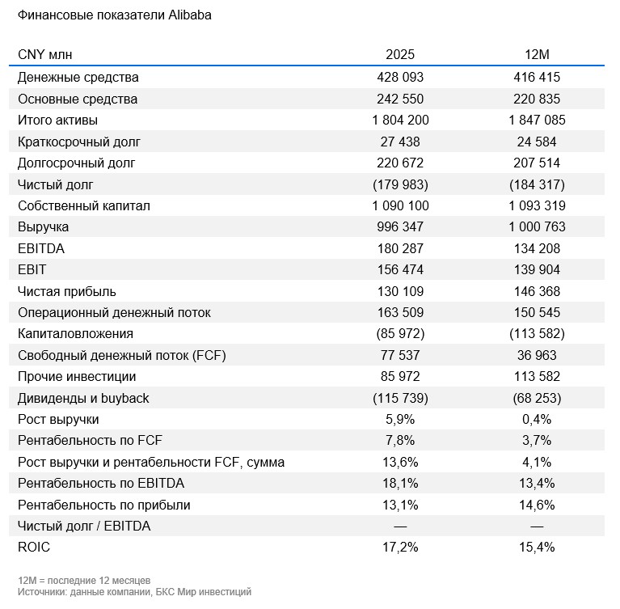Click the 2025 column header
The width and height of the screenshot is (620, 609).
tap(400, 54)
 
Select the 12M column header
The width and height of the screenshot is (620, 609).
tap(538, 54)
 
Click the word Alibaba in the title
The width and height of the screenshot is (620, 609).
tap(190, 15)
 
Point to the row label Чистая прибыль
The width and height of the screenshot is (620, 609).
tap(67, 291)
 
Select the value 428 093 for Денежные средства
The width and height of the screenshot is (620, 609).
tap(400, 78)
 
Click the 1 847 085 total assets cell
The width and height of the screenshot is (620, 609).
tap(538, 121)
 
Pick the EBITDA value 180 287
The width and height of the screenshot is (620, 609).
tap(400, 248)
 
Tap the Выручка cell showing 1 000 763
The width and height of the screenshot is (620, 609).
tap(538, 227)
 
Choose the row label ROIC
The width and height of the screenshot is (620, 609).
tap(34, 548)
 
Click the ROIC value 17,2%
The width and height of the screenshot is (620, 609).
tap(400, 548)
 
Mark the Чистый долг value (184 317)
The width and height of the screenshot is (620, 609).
tap(538, 184)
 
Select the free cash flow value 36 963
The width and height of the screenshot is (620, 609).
tap(538, 355)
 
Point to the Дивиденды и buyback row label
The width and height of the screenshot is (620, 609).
tap(83, 398)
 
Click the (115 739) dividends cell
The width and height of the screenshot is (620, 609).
tap(400, 398)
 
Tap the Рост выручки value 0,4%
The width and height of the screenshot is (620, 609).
tap(538, 420)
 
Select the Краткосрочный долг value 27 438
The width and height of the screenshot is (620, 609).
tap(400, 142)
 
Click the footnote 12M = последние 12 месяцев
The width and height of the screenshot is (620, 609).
tap(84, 581)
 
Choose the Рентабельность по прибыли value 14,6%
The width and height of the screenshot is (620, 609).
tap(538, 505)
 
